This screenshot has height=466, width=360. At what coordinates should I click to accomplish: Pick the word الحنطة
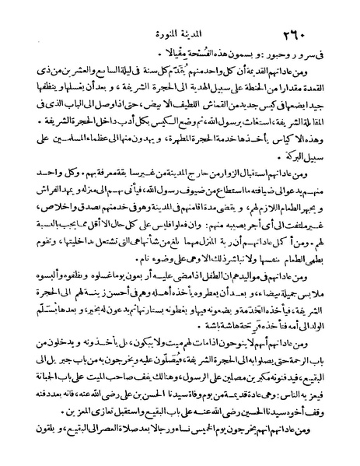tap(238, 95)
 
